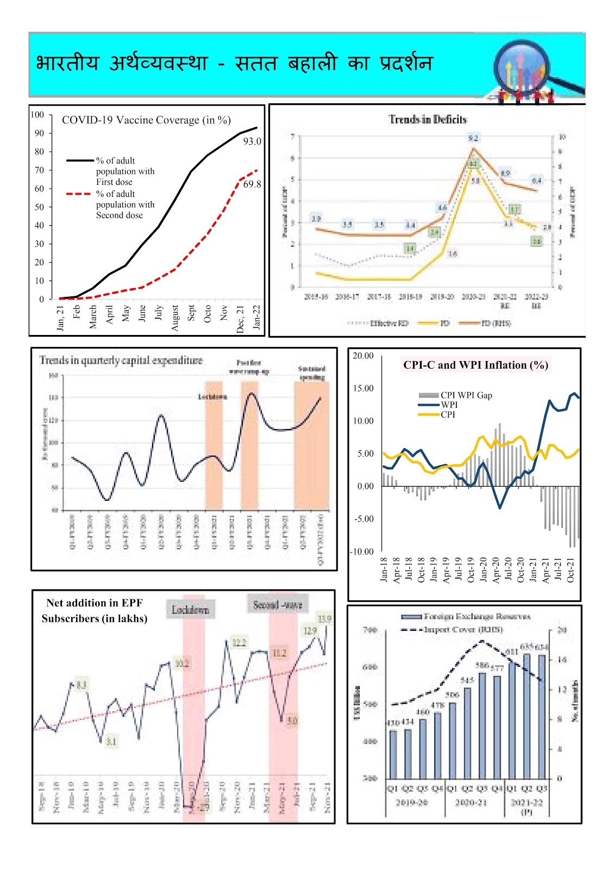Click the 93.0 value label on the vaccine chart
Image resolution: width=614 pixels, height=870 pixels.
pos(252,141)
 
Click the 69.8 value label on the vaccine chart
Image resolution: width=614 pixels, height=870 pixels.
pos(252,184)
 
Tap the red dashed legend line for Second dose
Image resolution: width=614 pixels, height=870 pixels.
pos(78,194)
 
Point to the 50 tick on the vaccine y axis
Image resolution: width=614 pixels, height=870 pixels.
pos(39,207)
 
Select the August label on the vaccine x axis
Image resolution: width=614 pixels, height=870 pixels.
pos(175,318)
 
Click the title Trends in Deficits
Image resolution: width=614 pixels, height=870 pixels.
pos(428,120)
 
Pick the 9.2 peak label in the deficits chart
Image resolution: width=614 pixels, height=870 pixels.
pos(473,138)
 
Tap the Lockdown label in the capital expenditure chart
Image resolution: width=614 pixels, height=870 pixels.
pos(212,396)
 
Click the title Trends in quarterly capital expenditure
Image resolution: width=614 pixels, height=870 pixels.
pos(121,361)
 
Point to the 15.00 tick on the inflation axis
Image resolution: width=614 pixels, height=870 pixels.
pos(364,388)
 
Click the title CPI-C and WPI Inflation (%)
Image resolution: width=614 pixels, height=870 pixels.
pos(475,365)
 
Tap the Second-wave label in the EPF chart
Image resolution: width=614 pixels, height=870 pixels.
pos(278,605)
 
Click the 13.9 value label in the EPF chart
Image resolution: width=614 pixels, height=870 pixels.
pos(325,619)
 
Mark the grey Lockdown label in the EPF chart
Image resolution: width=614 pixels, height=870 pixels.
pos(190,610)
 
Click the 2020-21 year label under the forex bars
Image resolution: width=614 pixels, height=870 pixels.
pos(471,803)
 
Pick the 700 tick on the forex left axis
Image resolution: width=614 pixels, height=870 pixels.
pos(370,630)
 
